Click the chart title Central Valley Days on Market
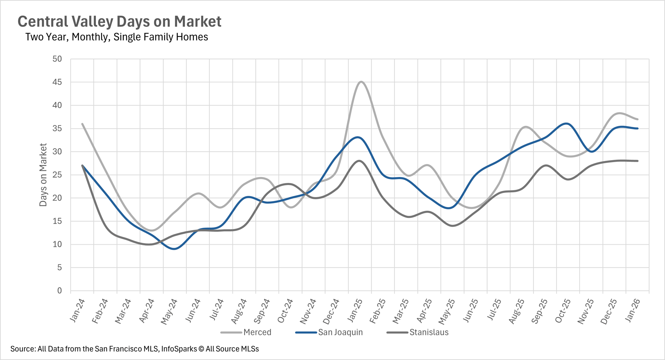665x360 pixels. pyautogui.click(x=119, y=21)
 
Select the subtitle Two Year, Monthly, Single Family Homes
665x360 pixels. pyautogui.click(x=117, y=37)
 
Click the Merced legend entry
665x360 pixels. pyautogui.click(x=257, y=332)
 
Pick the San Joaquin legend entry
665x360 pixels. pyautogui.click(x=340, y=332)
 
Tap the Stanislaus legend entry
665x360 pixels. pyautogui.click(x=429, y=332)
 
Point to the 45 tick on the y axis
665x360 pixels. pyautogui.click(x=57, y=82)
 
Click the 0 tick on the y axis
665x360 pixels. pyautogui.click(x=60, y=291)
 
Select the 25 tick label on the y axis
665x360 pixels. pyautogui.click(x=57, y=175)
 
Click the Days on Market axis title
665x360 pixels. pyautogui.click(x=43, y=175)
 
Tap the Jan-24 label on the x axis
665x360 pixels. pyautogui.click(x=78, y=310)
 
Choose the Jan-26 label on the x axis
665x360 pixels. pyautogui.click(x=633, y=310)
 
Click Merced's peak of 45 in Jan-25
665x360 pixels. pyautogui.click(x=361, y=82)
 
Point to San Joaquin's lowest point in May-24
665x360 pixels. pyautogui.click(x=175, y=249)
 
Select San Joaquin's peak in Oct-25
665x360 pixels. pyautogui.click(x=567, y=124)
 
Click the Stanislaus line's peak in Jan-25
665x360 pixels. pyautogui.click(x=360, y=161)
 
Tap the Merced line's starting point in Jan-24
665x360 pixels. pyautogui.click(x=82, y=124)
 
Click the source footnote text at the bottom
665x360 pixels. pyautogui.click(x=134, y=349)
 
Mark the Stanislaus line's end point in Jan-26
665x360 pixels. pyautogui.click(x=637, y=161)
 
